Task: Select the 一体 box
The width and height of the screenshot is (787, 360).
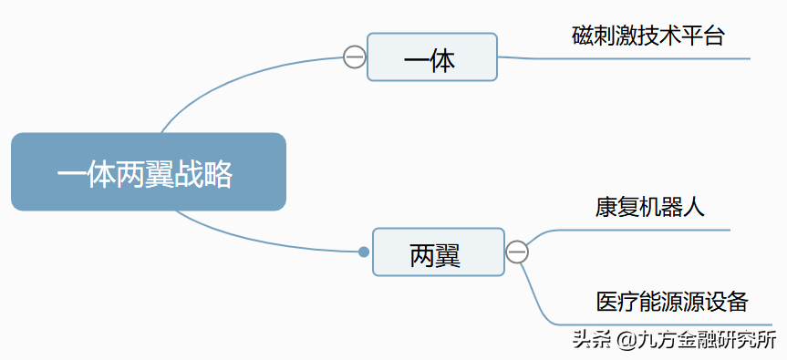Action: coord(431,57)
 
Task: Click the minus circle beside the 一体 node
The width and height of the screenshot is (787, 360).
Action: coord(355,57)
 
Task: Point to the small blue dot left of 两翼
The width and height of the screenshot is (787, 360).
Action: coord(364,252)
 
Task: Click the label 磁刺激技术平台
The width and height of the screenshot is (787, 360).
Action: coord(648,36)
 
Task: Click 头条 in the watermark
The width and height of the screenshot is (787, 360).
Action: coord(590,341)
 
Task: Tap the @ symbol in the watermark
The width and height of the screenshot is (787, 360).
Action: coord(625,341)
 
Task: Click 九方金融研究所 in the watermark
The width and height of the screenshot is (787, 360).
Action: coord(706,341)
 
